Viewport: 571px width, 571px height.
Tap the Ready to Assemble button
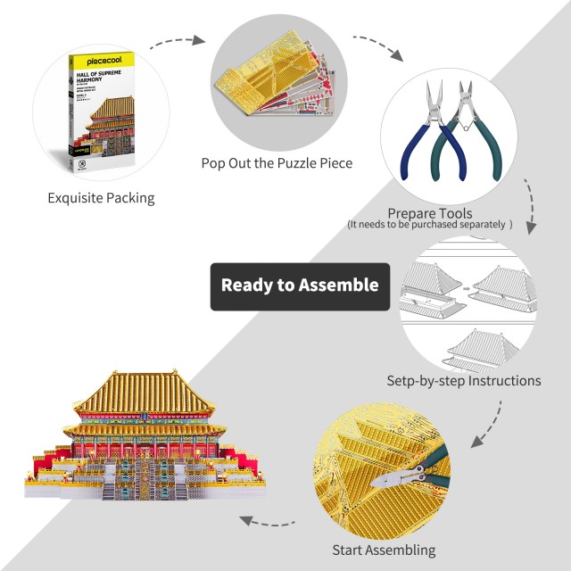(x=300, y=285)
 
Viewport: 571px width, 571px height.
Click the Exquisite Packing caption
(x=101, y=197)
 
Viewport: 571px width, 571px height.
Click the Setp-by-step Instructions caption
(x=463, y=380)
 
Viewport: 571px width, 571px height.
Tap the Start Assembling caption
(x=384, y=550)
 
